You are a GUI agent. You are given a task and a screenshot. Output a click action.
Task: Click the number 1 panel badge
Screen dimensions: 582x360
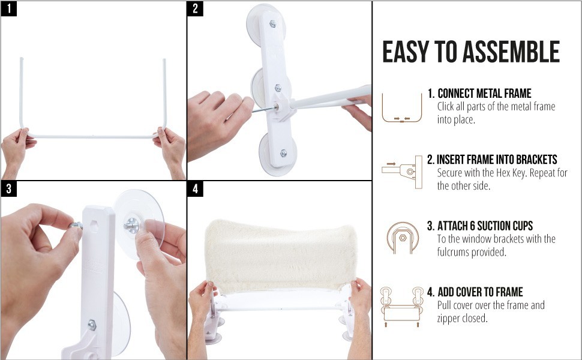point(9,8)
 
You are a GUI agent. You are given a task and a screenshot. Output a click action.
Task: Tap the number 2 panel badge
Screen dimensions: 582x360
point(195,8)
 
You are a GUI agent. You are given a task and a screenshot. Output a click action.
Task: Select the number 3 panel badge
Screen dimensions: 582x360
point(9,189)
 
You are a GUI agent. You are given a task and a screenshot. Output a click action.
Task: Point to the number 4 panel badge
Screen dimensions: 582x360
point(195,189)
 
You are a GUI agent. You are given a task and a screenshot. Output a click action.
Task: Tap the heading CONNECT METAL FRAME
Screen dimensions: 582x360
point(484,93)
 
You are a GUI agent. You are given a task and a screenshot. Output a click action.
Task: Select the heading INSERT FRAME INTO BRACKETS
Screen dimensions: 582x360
point(497,160)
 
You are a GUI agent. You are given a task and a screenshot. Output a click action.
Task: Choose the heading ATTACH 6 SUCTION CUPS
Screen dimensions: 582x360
point(485,226)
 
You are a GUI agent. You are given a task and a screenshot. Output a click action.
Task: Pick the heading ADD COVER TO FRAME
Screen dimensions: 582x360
point(480,292)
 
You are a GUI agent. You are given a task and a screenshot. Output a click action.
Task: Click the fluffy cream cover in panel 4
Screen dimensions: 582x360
point(281,256)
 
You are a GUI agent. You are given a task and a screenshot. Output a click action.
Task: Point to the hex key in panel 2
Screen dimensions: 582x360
point(264,109)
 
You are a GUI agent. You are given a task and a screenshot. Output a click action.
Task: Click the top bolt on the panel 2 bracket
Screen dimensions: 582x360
point(273,24)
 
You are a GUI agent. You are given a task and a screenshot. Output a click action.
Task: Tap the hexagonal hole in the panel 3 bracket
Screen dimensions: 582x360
point(94,226)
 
